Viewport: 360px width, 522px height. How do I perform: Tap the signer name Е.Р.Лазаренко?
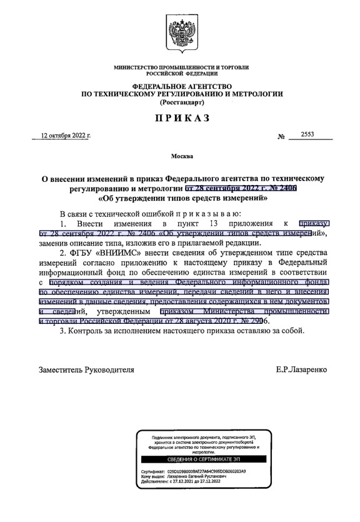coord(301,369)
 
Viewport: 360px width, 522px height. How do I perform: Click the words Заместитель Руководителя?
coord(87,369)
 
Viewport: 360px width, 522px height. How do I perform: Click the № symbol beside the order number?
coord(281,136)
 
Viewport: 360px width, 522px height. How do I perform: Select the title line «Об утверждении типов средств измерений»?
coord(182,199)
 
